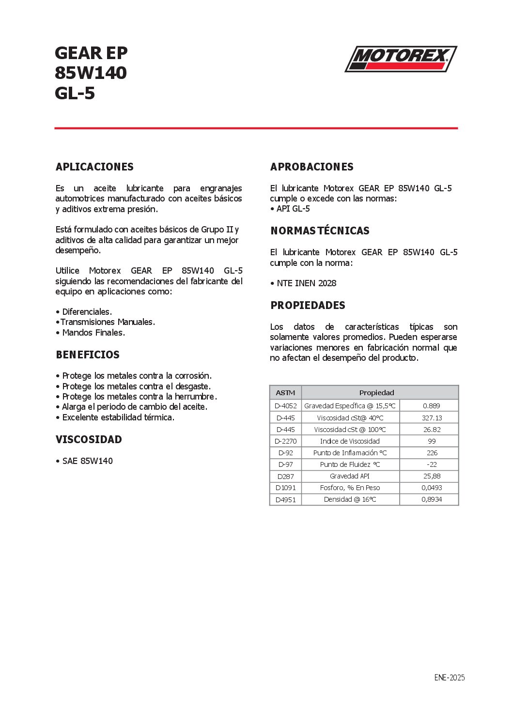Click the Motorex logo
401,59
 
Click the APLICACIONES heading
94,167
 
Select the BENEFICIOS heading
88,355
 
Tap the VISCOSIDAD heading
89,440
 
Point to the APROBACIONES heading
312,167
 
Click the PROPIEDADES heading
308,305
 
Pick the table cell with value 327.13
432,418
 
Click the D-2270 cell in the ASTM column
285,441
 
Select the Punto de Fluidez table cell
350,464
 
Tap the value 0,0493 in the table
432,488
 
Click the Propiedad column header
376,393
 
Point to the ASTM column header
285,393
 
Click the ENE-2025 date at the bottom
449,678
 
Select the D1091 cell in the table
285,488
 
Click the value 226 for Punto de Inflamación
432,453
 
